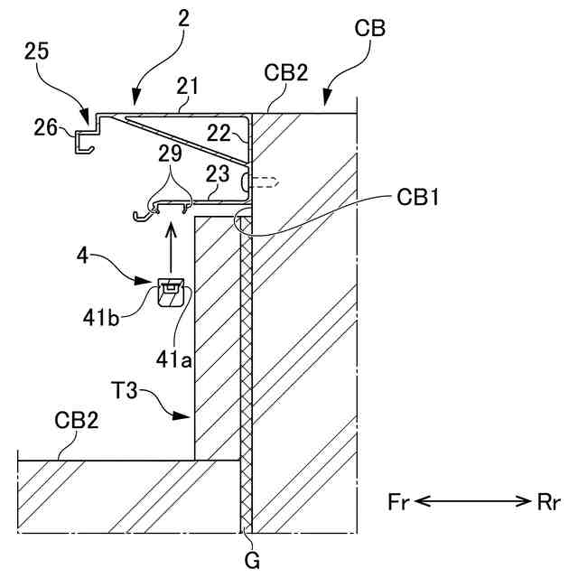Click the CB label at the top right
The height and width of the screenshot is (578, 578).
click(372, 29)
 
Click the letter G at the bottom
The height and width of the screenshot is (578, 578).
click(252, 561)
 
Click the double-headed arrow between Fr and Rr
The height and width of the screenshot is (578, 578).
click(472, 503)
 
